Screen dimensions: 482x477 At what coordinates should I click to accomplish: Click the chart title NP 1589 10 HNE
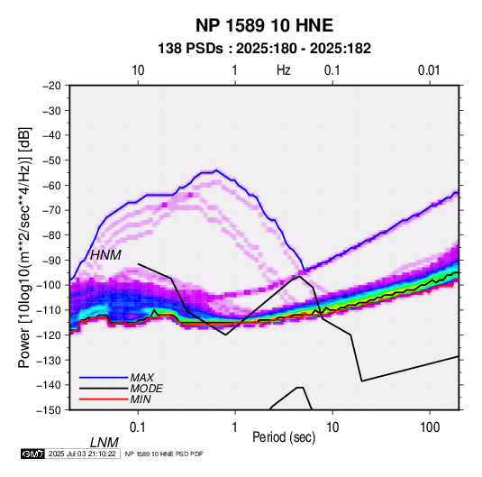[264, 25]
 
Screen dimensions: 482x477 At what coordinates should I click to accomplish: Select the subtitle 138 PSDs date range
[264, 49]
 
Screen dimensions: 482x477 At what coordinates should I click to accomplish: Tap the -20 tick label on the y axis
[51, 86]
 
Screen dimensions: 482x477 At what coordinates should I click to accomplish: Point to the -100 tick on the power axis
[50, 285]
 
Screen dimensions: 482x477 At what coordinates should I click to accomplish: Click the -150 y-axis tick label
[50, 410]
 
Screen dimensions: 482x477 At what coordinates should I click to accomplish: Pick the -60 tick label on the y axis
[51, 185]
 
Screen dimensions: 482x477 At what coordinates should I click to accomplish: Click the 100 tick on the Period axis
[430, 427]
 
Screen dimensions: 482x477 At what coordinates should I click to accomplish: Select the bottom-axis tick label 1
[234, 427]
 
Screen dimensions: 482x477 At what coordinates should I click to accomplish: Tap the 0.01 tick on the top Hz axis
[429, 70]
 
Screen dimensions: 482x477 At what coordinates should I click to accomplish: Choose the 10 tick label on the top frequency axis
[138, 70]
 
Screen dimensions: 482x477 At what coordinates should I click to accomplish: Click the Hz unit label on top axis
[284, 70]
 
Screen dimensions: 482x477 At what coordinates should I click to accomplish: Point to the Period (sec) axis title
[284, 437]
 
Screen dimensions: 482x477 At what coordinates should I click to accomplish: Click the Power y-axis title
[25, 247]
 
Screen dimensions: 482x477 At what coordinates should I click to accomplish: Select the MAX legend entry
[141, 378]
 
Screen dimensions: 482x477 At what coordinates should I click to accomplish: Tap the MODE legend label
[146, 389]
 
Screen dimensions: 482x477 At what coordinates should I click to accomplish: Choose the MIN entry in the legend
[141, 399]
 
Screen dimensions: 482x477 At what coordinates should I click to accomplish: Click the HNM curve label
[105, 255]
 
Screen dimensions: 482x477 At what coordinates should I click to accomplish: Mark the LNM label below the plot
[105, 443]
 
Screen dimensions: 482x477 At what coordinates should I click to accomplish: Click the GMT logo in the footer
[33, 454]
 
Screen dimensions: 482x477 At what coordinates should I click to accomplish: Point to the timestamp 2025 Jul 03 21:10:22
[82, 454]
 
